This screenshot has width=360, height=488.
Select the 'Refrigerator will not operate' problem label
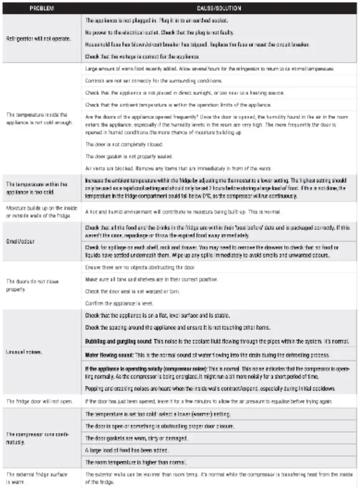click(39, 39)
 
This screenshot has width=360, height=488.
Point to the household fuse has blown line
click(197, 44)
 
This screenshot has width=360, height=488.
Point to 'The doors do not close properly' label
click(32, 285)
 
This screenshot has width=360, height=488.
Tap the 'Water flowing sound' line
click(206, 355)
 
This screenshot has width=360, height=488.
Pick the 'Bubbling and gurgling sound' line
click(217, 341)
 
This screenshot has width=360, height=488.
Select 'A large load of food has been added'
click(127, 450)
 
